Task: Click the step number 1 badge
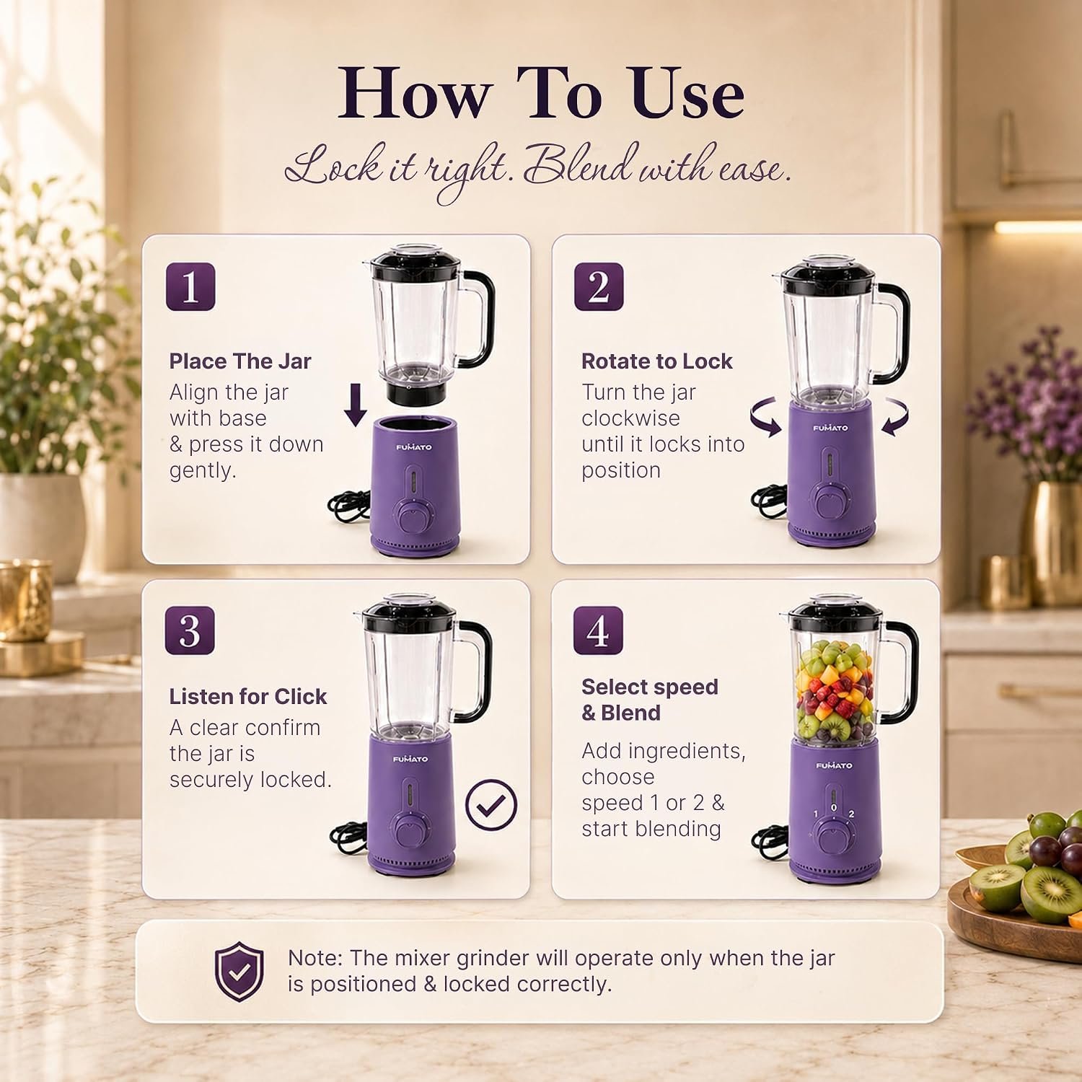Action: [x=190, y=286]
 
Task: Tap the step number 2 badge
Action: [x=599, y=286]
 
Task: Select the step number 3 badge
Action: [x=190, y=630]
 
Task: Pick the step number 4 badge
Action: [x=598, y=630]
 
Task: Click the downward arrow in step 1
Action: [x=355, y=405]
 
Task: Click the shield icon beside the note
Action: [x=239, y=971]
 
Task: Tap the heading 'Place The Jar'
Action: [x=240, y=361]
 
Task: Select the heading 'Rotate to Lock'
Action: [x=657, y=361]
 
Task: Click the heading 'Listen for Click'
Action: [x=248, y=696]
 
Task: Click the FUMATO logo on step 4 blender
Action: [x=834, y=765]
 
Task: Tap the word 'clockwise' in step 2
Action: [x=631, y=418]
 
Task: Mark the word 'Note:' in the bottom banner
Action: [x=315, y=958]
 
